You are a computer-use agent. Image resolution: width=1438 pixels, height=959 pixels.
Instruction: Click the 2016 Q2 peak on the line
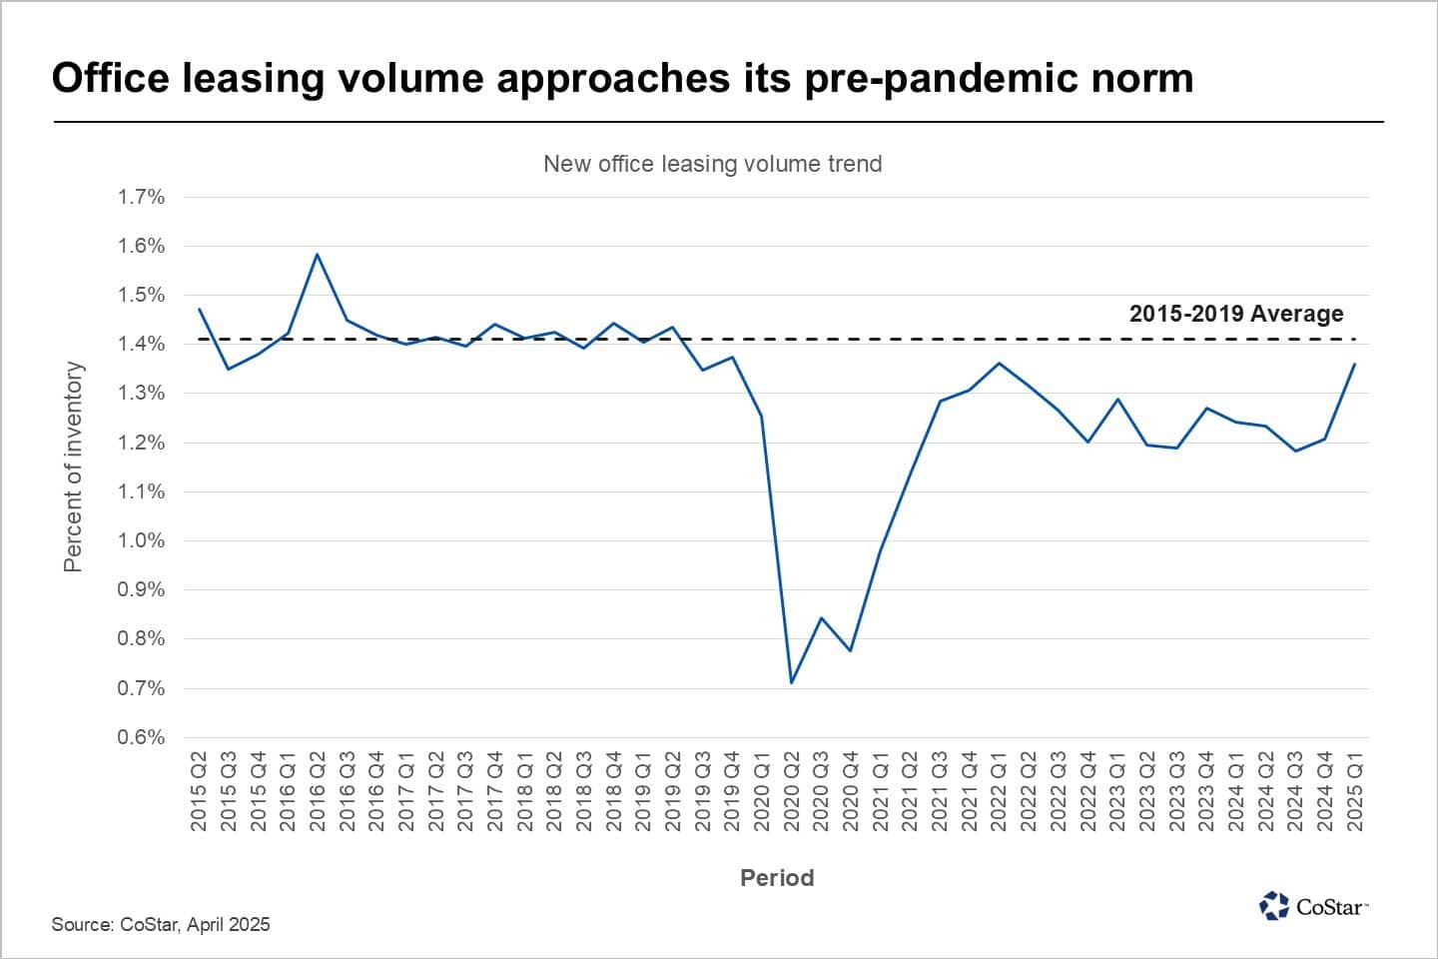pyautogui.click(x=317, y=254)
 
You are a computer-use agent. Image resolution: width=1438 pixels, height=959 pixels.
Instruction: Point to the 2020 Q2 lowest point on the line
pyautogui.click(x=791, y=683)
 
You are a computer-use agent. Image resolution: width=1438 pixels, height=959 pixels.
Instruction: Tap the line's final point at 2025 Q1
pyautogui.click(x=1354, y=364)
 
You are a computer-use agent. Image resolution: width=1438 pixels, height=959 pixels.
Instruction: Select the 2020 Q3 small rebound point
pyautogui.click(x=821, y=617)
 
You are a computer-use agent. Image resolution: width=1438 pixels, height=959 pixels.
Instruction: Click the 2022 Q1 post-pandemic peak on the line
pyautogui.click(x=999, y=363)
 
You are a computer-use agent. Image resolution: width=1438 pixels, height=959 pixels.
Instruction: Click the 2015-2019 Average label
pyautogui.click(x=1235, y=314)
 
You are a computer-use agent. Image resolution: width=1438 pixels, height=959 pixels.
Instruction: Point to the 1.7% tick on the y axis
pyautogui.click(x=141, y=197)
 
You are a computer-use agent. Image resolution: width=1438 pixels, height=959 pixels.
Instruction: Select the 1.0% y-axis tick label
pyautogui.click(x=141, y=540)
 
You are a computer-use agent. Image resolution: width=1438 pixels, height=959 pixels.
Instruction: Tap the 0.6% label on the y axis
pyautogui.click(x=141, y=737)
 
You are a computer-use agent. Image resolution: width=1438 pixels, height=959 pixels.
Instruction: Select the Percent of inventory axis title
pyautogui.click(x=73, y=467)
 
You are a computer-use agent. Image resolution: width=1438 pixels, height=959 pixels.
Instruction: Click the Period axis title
pyautogui.click(x=777, y=878)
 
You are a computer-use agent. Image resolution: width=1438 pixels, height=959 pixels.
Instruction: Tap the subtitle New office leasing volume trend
pyautogui.click(x=712, y=164)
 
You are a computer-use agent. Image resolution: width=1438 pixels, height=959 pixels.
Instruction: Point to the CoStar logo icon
pyautogui.click(x=1274, y=906)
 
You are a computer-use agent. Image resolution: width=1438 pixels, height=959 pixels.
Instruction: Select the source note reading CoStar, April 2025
pyautogui.click(x=161, y=924)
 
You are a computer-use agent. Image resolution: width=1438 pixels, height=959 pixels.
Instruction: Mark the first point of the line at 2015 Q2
pyautogui.click(x=200, y=309)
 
